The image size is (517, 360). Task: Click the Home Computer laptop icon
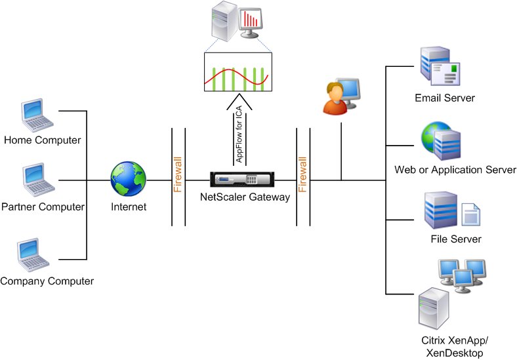tap(37, 115)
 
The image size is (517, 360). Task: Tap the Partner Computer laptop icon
tap(39, 180)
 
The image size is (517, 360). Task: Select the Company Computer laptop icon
tap(33, 254)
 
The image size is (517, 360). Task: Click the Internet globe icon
tap(128, 178)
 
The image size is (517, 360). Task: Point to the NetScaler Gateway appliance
tap(242, 180)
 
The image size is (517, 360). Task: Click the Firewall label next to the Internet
tap(178, 174)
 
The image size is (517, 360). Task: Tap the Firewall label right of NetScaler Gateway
tap(302, 174)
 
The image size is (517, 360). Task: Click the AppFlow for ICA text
tap(239, 134)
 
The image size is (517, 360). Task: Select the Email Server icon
tap(440, 66)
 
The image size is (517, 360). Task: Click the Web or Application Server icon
tap(440, 141)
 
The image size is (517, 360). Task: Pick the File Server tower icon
tap(440, 210)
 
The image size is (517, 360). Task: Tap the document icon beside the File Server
tap(470, 214)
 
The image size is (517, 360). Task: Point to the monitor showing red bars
tap(250, 23)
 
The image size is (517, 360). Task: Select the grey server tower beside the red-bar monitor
tap(224, 21)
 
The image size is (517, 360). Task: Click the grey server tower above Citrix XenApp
tap(434, 308)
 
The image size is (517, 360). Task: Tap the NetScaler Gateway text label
tap(245, 197)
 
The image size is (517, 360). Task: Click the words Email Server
tap(445, 98)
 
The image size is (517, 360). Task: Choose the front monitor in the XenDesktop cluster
tap(463, 281)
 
